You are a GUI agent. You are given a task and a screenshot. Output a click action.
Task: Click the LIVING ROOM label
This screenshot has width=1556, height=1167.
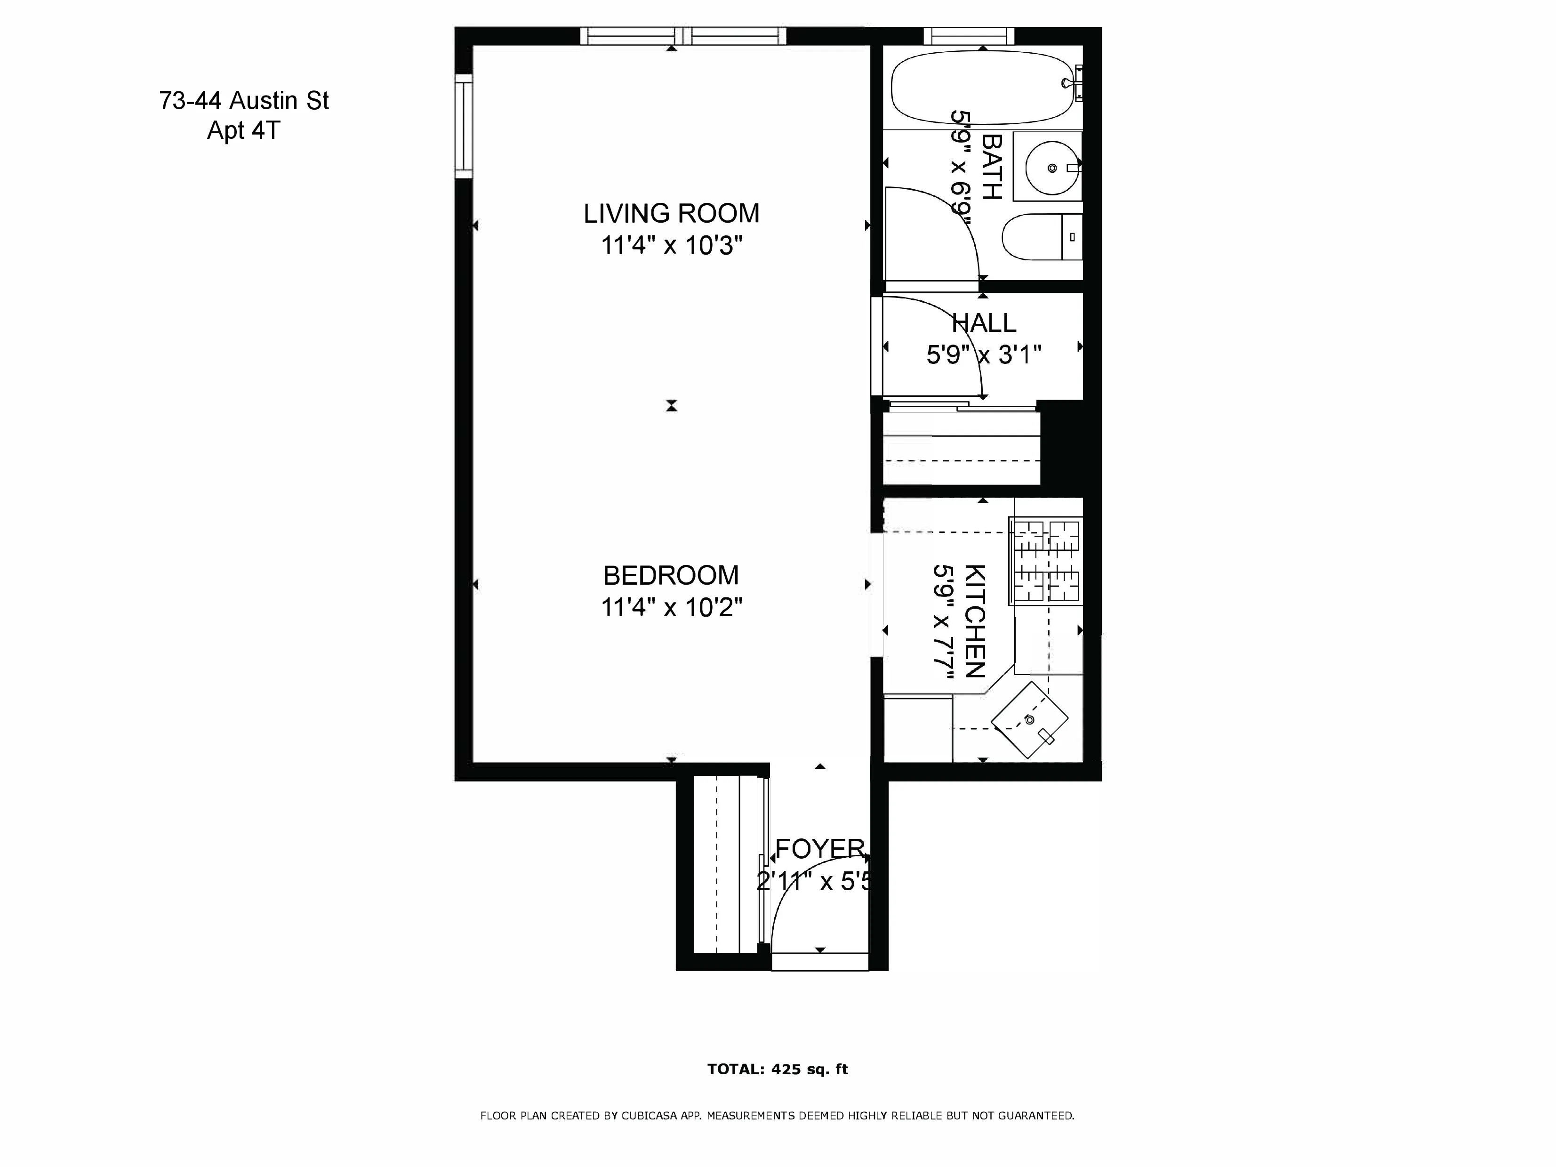point(671,213)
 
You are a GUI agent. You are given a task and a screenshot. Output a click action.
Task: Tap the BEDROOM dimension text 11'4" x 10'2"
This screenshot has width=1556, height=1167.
point(671,606)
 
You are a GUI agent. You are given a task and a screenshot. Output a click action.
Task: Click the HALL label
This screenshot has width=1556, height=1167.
point(983,323)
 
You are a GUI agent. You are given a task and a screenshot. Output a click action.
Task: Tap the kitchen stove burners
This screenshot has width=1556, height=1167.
point(1045,561)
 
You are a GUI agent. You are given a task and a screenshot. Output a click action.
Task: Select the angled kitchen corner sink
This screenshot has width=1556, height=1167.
point(1029,720)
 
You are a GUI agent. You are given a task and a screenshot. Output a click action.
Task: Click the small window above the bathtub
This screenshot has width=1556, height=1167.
point(969,36)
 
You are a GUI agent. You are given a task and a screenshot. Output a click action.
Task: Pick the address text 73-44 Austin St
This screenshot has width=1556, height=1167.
point(243,101)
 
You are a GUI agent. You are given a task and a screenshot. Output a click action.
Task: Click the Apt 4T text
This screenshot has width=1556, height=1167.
point(243,131)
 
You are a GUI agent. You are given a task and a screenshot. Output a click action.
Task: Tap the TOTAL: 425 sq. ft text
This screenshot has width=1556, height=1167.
point(778,1069)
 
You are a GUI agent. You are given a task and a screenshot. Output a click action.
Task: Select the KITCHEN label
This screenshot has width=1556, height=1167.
point(974,620)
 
